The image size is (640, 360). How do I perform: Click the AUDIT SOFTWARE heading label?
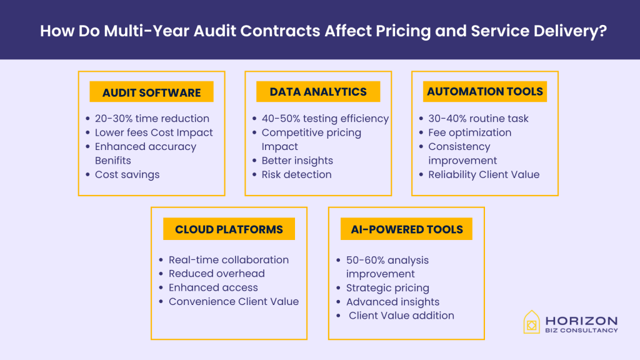(152, 92)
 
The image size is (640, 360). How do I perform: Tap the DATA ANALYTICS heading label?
(318, 92)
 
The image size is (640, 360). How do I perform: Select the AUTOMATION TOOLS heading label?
(485, 91)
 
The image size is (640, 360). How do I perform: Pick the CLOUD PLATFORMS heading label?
(229, 229)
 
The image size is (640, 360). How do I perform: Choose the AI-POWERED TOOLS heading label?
(406, 229)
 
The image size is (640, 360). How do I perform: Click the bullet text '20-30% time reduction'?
(152, 118)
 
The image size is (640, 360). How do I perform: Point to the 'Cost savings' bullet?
(127, 174)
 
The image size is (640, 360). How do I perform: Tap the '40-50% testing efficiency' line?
(325, 118)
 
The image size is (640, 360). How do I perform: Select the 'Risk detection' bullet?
(296, 174)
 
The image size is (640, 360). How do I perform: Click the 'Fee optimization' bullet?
(469, 132)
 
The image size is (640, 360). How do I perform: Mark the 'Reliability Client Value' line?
(483, 174)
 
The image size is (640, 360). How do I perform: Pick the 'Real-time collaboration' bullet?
(229, 259)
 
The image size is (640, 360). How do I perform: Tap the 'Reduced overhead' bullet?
(216, 274)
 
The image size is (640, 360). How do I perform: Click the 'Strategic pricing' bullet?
(387, 287)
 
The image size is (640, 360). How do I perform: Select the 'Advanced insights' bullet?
(392, 302)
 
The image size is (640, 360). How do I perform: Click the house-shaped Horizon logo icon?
(531, 322)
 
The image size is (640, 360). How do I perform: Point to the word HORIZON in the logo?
(581, 320)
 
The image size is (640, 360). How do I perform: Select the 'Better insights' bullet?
(297, 161)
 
